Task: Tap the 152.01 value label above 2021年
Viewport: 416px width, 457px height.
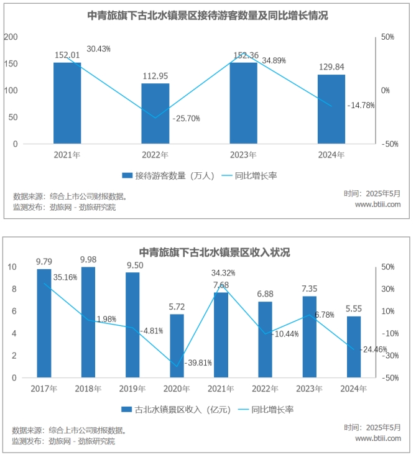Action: [x=67, y=55]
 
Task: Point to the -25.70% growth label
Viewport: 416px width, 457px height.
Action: [x=186, y=118]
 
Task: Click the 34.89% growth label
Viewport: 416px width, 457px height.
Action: [x=275, y=61]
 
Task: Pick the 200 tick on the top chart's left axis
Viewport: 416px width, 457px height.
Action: [x=11, y=37]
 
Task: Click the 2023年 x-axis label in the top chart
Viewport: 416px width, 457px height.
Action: [x=243, y=155]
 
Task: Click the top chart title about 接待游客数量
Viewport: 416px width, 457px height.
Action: [x=208, y=16]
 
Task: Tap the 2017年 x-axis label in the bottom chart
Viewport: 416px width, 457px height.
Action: [x=44, y=389]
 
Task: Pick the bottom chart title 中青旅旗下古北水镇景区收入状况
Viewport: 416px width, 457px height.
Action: [x=214, y=252]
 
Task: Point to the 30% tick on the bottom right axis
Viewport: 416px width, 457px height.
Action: [x=388, y=289]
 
